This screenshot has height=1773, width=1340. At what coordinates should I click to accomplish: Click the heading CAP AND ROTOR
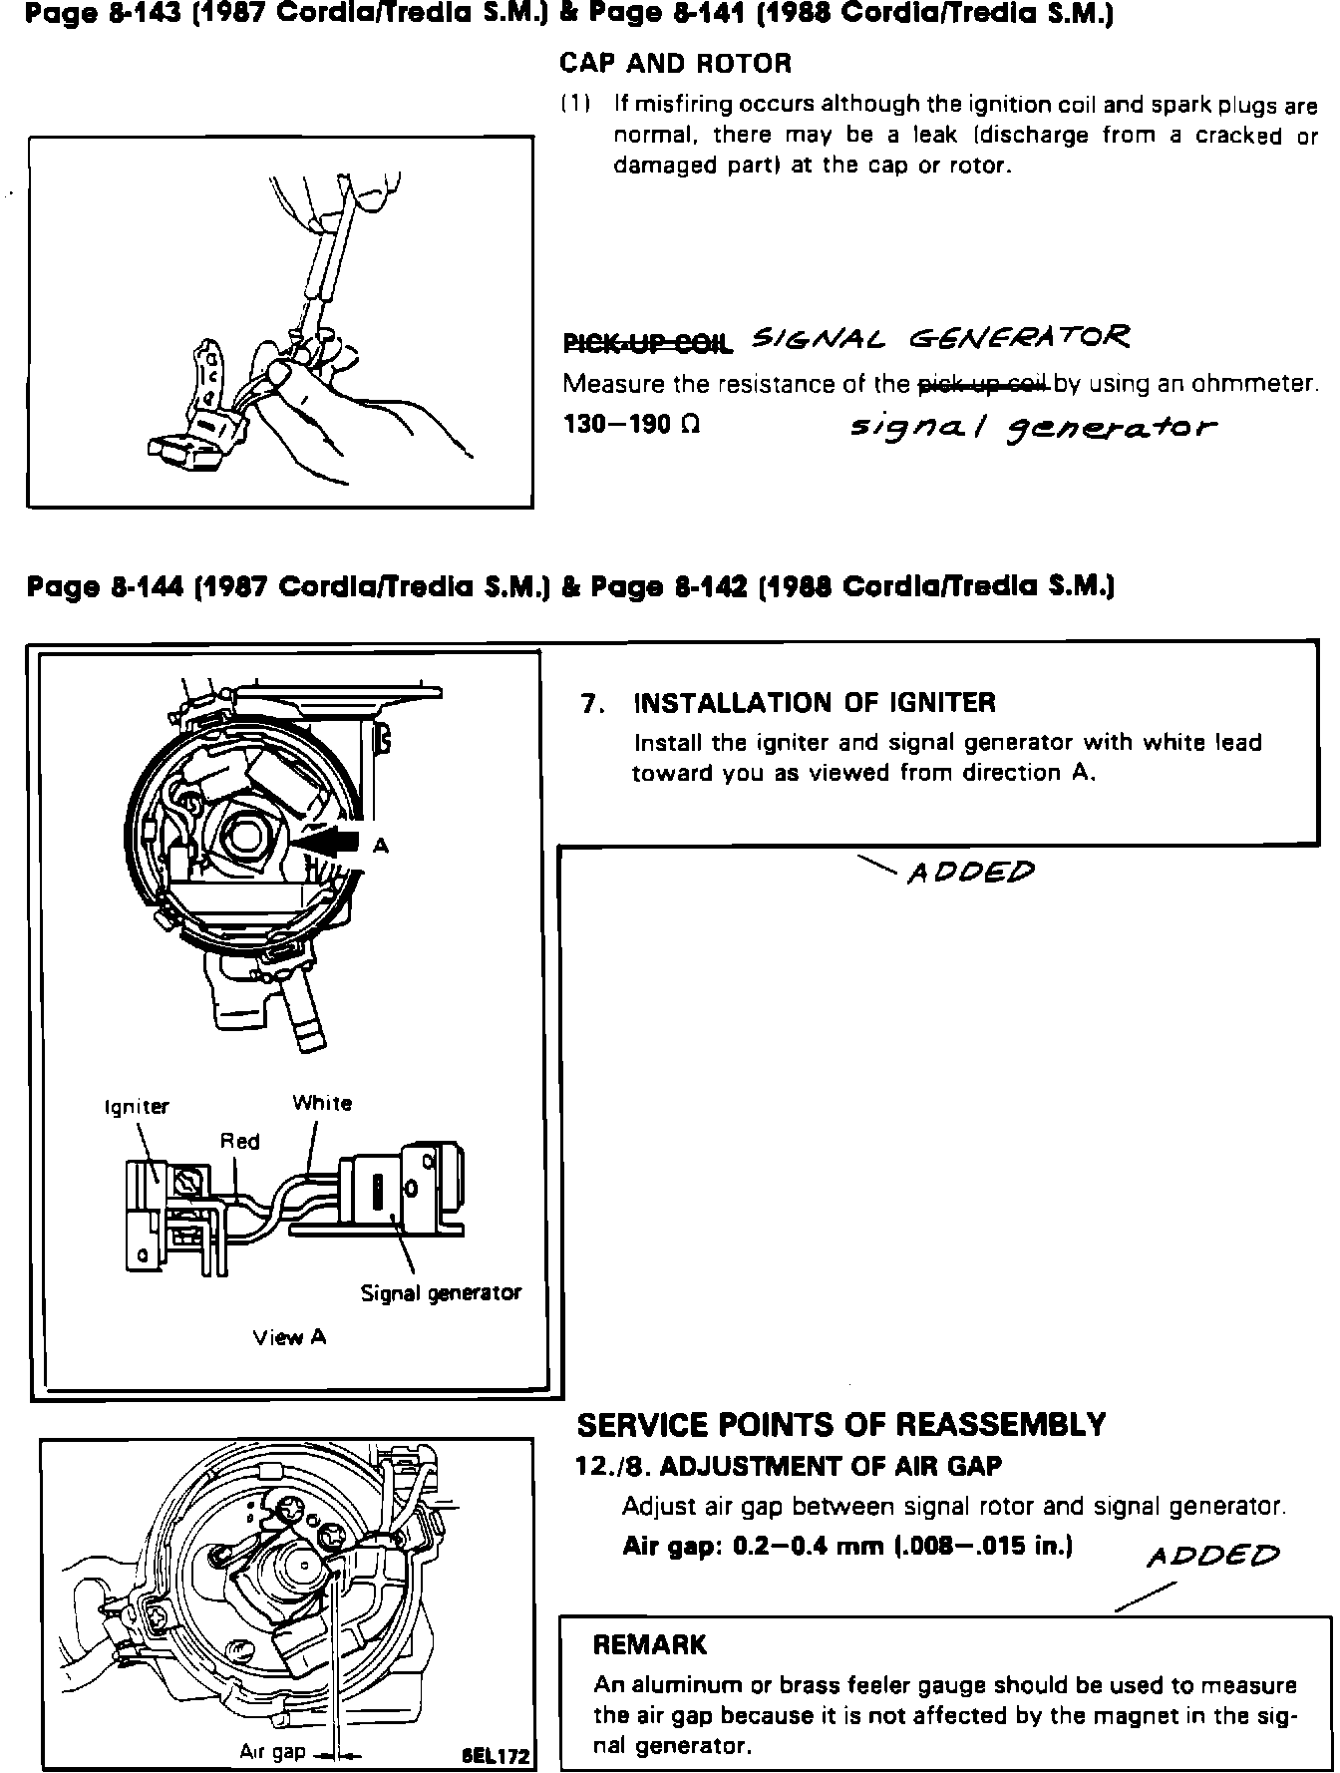coord(675,64)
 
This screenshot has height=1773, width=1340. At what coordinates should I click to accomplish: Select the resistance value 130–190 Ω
coord(631,424)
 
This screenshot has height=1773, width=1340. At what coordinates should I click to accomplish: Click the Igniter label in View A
coord(137,1107)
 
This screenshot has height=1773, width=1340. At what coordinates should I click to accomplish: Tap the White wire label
coord(322,1103)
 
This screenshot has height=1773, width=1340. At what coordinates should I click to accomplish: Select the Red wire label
coord(240,1141)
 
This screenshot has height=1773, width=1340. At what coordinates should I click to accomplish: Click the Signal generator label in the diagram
coord(441,1293)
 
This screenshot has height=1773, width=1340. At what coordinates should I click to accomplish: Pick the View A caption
coord(289,1338)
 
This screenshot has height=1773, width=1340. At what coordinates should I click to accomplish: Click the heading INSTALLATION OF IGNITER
coord(815,703)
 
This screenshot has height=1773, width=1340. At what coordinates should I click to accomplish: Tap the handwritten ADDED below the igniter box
coord(969,874)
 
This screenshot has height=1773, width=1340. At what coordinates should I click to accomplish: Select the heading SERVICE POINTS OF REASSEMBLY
coord(841,1424)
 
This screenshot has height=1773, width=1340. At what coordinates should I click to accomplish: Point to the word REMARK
coord(649,1644)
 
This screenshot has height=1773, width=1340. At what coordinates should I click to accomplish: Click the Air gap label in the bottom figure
coord(272,1751)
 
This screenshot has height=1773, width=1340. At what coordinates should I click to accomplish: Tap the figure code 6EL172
coord(496,1756)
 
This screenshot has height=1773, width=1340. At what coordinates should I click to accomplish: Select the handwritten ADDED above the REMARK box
coord(1212,1556)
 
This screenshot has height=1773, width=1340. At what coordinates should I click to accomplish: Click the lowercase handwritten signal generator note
coord(1032,429)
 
